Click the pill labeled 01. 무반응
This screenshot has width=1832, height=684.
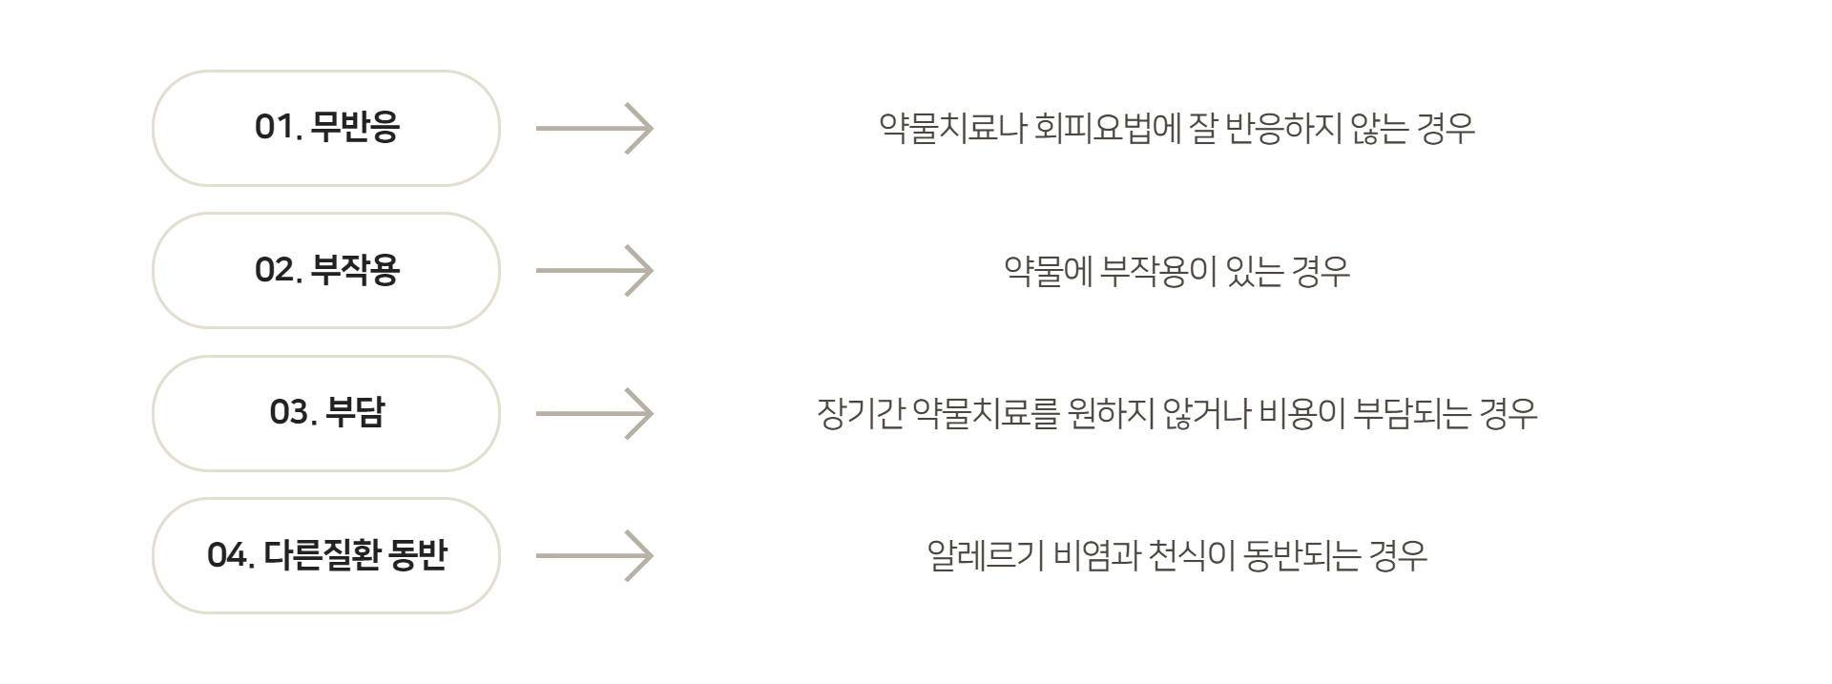pos(326,128)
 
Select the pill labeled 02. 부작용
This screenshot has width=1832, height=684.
pos(326,271)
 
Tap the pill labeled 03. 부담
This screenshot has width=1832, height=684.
pos(326,413)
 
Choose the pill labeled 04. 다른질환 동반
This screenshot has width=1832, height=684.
pos(326,555)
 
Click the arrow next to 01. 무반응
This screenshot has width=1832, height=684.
pos(594,128)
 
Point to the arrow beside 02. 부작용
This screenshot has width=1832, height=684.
pos(594,271)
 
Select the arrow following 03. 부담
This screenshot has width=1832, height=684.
pos(594,413)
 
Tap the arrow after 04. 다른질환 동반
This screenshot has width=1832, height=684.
pos(594,555)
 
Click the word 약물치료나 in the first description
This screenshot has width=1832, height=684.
pos(951,128)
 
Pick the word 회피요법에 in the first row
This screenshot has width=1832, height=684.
pos(1108,128)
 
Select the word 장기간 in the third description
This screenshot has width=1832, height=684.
pos(860,414)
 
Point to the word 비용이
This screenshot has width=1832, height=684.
pos(1301,414)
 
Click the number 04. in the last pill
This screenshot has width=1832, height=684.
pos(230,555)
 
